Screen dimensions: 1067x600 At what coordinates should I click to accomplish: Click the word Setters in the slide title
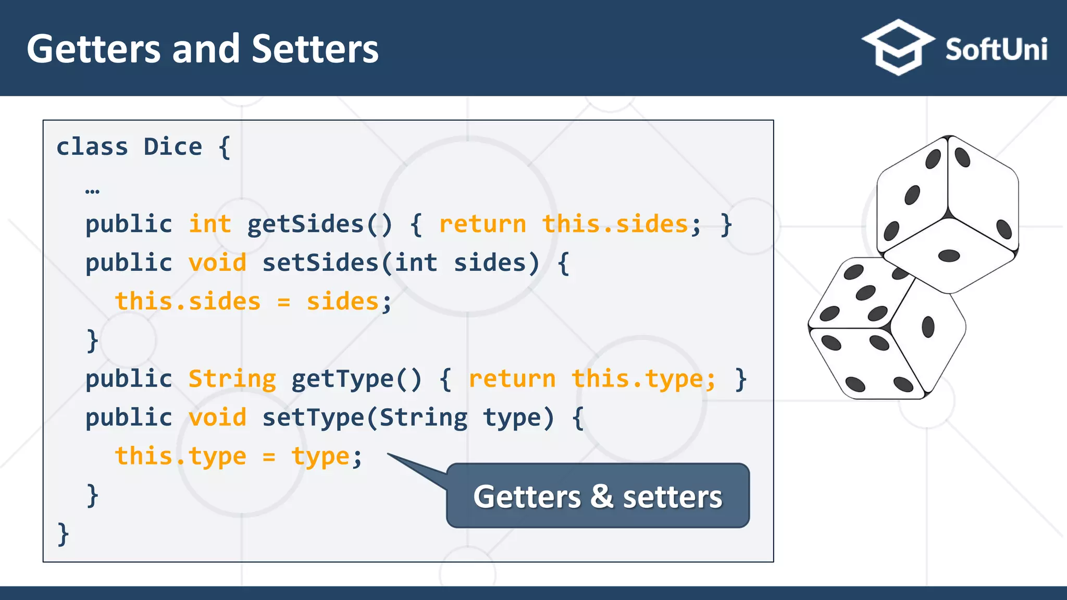click(315, 49)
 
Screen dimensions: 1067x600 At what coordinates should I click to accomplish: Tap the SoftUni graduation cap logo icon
click(898, 47)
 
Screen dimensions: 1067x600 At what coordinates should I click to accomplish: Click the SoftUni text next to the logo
click(996, 50)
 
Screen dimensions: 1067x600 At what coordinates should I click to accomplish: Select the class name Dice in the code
click(172, 147)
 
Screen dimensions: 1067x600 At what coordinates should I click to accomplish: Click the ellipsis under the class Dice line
click(92, 191)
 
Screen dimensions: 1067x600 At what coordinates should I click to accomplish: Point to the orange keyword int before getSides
click(209, 224)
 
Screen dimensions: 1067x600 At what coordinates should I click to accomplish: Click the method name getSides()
click(319, 224)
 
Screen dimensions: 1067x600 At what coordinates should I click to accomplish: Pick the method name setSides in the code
click(320, 262)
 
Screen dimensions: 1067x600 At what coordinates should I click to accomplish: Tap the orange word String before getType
click(232, 379)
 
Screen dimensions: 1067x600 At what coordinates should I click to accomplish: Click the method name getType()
click(356, 379)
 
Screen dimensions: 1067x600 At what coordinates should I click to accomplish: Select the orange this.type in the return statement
click(643, 379)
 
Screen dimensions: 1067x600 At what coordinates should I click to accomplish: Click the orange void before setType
click(217, 417)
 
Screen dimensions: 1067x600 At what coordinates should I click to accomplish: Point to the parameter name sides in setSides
click(490, 262)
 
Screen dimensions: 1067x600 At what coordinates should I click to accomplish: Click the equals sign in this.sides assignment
click(283, 302)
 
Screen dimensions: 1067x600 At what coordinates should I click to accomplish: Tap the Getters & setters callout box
click(598, 495)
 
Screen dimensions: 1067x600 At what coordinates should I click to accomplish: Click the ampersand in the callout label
click(602, 495)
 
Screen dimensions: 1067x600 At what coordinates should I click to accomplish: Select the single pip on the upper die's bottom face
click(949, 255)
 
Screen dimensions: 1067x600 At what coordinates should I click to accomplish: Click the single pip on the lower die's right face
click(928, 327)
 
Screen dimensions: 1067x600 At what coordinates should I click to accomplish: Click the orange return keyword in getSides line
click(482, 224)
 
